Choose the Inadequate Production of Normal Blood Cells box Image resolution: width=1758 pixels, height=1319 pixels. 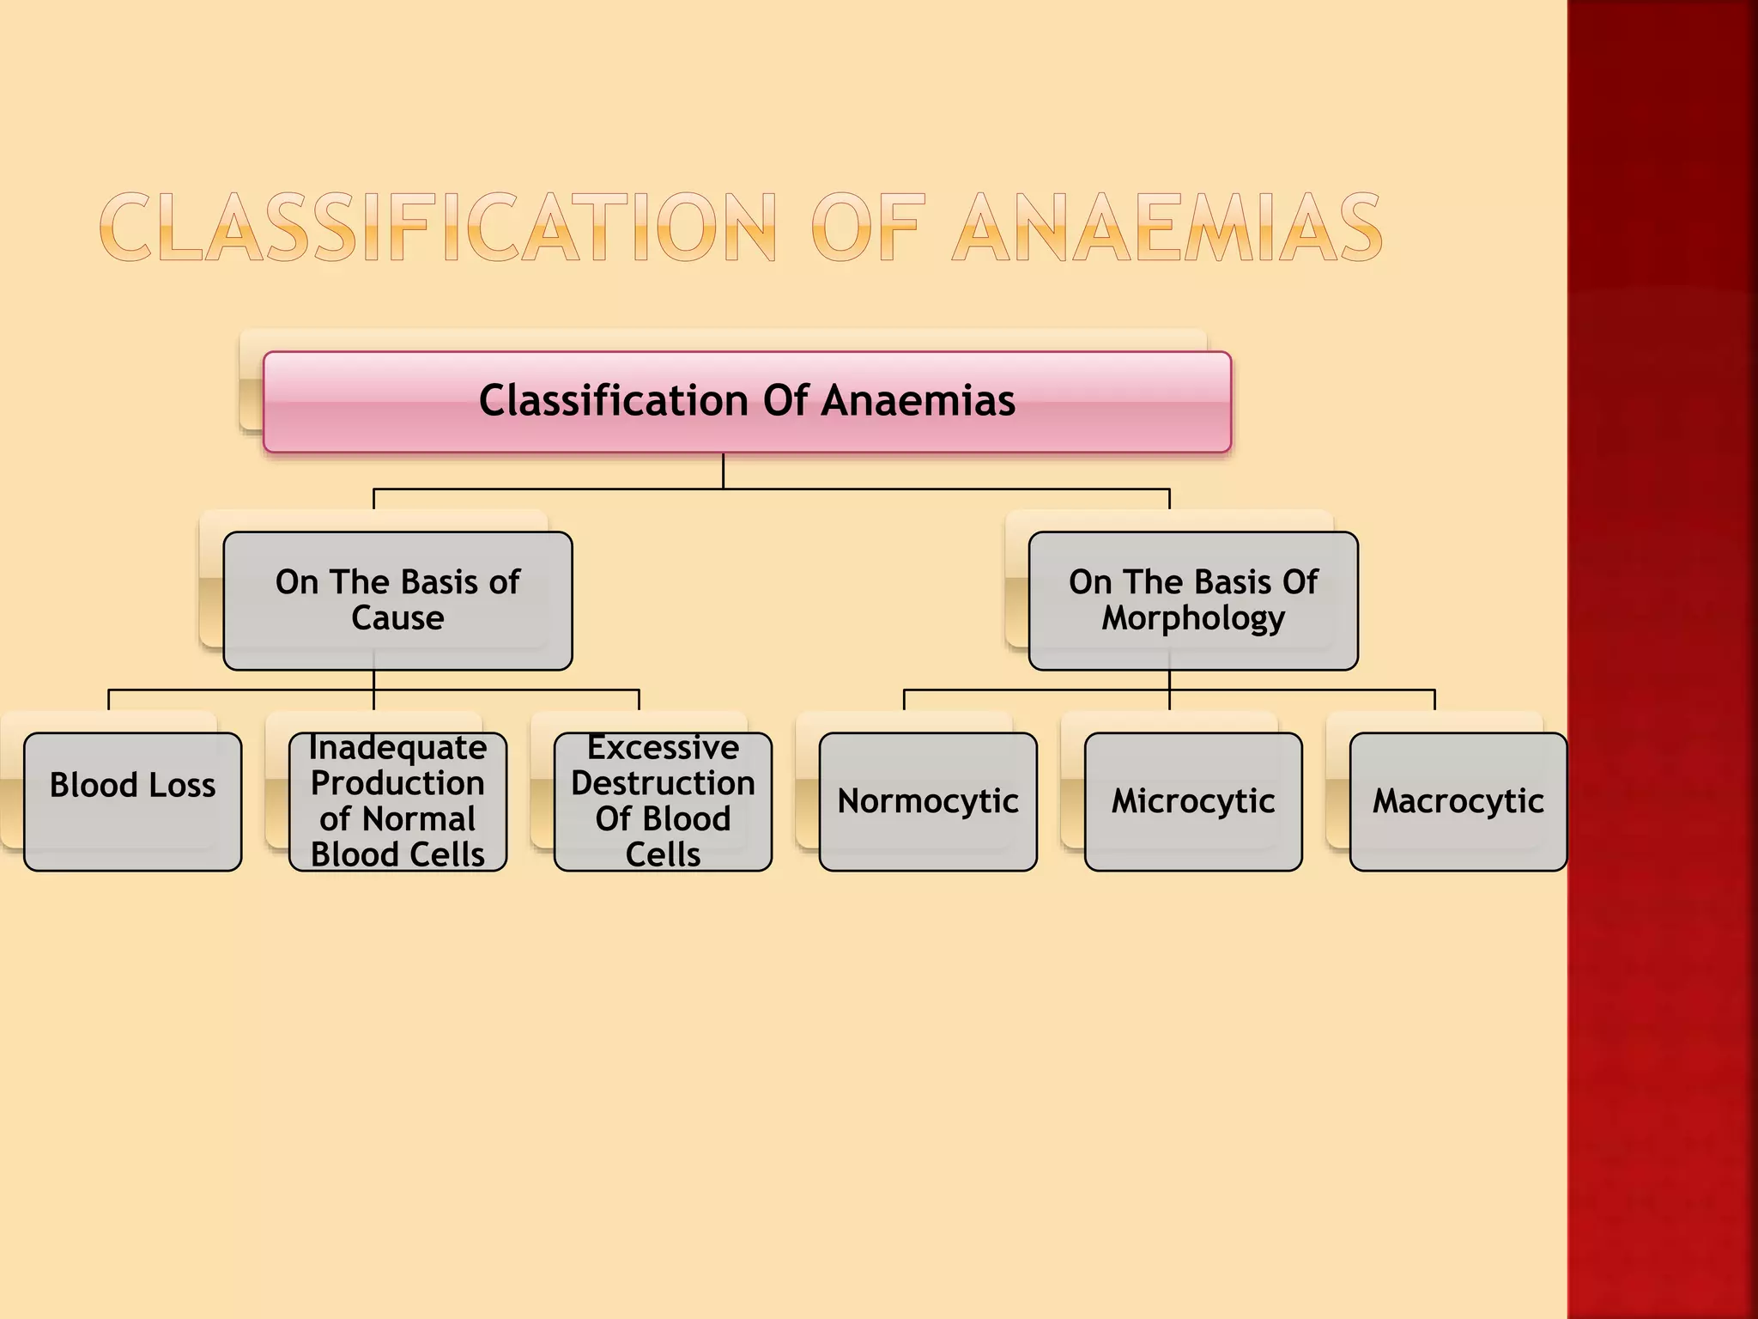click(x=397, y=801)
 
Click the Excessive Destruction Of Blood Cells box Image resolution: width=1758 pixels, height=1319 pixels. click(x=663, y=801)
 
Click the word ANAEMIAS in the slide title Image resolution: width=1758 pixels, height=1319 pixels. click(x=1167, y=228)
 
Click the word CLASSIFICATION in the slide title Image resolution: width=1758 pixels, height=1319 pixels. click(x=438, y=228)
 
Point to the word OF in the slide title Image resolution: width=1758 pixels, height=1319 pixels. click(x=867, y=228)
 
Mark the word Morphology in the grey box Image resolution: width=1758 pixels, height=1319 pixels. click(x=1193, y=618)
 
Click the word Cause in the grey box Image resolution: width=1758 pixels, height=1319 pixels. click(x=397, y=618)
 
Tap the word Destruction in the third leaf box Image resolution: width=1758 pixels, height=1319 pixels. click(x=663, y=783)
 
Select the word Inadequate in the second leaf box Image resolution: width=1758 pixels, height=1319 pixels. click(x=397, y=748)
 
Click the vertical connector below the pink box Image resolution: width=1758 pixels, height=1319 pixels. click(x=723, y=471)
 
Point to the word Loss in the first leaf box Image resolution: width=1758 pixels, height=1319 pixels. click(x=181, y=785)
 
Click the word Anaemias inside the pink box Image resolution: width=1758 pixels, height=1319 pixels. click(x=918, y=401)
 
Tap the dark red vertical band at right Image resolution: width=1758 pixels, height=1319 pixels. click(x=1662, y=659)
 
